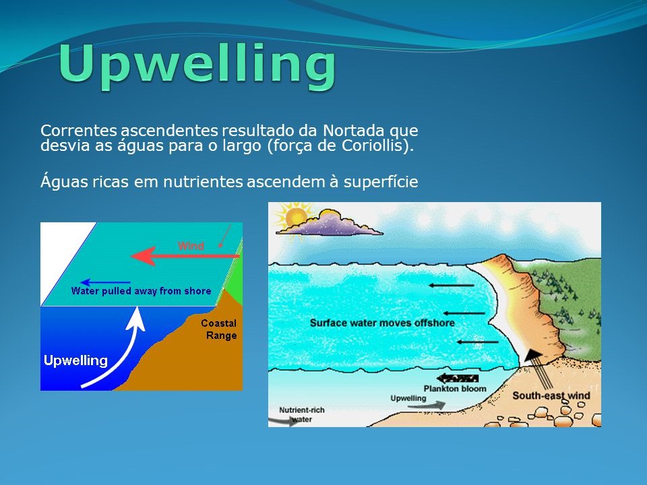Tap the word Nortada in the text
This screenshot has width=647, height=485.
tap(354, 130)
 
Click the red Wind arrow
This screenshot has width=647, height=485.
tap(185, 256)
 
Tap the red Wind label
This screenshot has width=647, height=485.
tap(191, 246)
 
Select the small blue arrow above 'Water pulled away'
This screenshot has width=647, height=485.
tap(105, 282)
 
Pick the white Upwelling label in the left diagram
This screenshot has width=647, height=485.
tap(75, 360)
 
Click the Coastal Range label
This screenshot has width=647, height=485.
tap(219, 329)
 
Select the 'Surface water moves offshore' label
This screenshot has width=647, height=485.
tap(382, 323)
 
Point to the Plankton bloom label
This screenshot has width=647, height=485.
tap(455, 389)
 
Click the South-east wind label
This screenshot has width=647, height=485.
tap(551, 395)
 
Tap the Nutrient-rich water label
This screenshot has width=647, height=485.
tap(302, 414)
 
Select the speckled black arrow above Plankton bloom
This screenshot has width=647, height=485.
tap(457, 378)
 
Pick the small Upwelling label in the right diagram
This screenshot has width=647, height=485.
tap(408, 398)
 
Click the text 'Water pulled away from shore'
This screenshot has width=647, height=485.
tap(141, 291)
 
